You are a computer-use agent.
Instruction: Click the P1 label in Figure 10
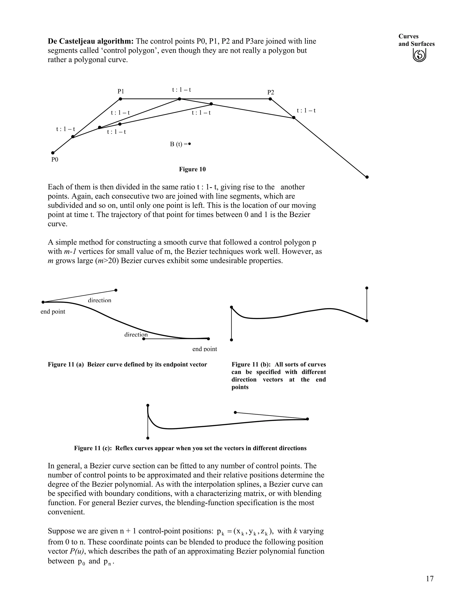pos(121,91)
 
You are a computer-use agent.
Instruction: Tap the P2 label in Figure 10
pos(270,92)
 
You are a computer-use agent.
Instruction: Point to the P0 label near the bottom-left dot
pos(55,160)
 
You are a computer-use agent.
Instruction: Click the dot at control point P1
pos(120,99)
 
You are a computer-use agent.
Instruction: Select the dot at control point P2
pos(270,99)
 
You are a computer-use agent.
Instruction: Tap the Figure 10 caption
pos(192,169)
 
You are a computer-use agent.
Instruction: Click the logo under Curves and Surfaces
pos(419,55)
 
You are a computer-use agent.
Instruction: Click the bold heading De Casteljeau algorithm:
pos(91,41)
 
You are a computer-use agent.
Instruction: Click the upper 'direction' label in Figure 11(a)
pos(99,300)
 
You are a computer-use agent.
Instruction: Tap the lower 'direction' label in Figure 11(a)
pos(136,335)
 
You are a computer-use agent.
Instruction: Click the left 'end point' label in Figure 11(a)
pos(53,311)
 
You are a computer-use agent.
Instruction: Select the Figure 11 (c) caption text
pos(190,448)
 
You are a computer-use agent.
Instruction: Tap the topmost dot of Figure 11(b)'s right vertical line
pos(367,288)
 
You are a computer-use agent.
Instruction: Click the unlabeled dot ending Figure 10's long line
pos(367,177)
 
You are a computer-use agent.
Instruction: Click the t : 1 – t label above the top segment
pos(182,90)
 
